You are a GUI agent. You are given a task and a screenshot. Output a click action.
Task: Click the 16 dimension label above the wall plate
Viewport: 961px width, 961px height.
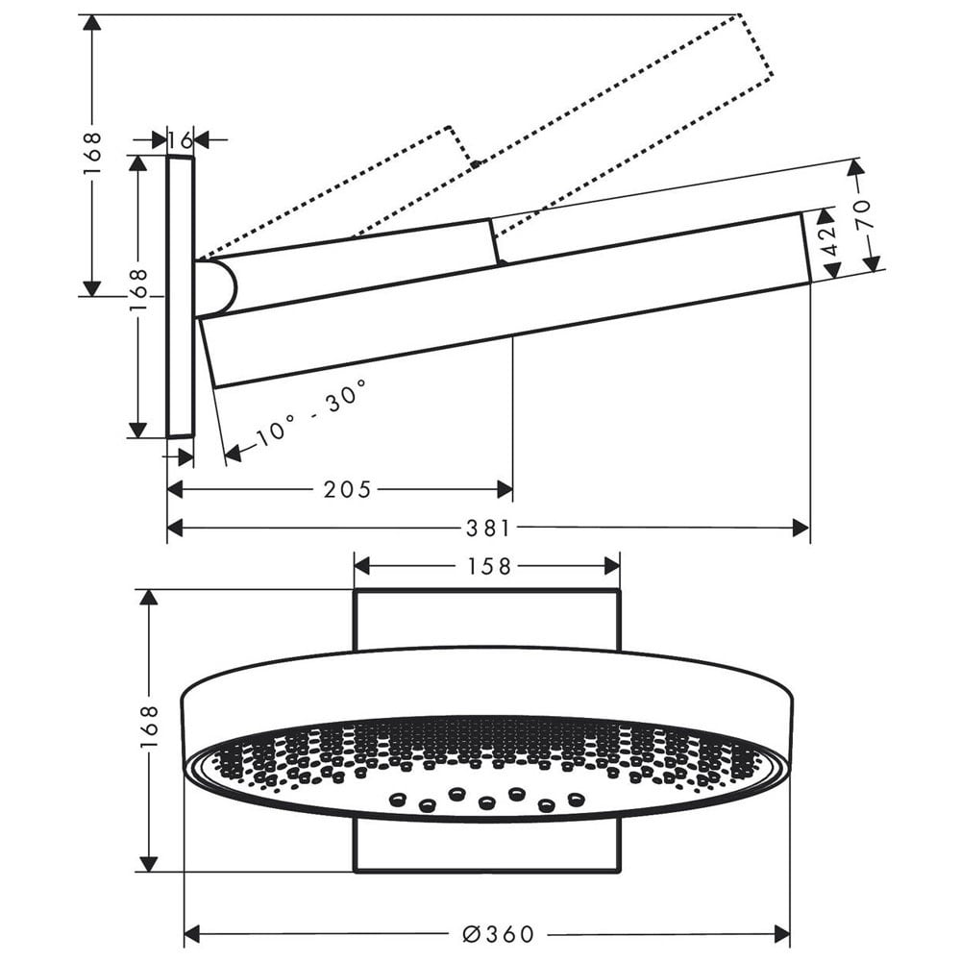coord(181,140)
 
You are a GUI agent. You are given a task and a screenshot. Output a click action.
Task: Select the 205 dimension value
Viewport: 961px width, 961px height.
coord(348,489)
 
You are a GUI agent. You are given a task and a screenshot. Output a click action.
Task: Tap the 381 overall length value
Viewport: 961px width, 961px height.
coord(488,528)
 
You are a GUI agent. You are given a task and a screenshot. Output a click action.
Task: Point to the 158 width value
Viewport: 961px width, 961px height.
coord(489,566)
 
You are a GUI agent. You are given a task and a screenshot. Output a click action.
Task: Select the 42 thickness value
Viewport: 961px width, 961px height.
coord(829,241)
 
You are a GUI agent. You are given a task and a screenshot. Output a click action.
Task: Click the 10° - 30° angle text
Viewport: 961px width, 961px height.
coord(310,413)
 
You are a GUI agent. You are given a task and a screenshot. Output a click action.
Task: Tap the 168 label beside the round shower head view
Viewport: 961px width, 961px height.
coord(149,727)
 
